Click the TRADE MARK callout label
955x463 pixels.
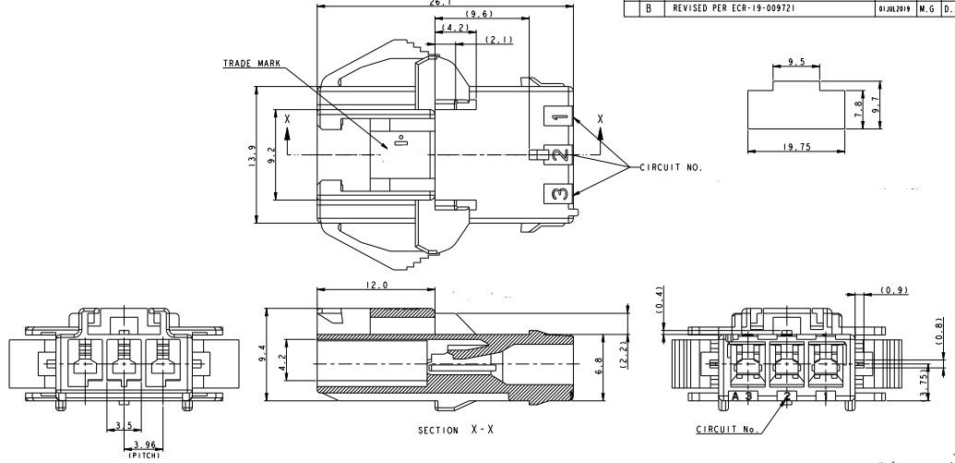tap(254, 65)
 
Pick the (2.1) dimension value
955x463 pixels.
tap(496, 40)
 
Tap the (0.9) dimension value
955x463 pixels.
tap(893, 290)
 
